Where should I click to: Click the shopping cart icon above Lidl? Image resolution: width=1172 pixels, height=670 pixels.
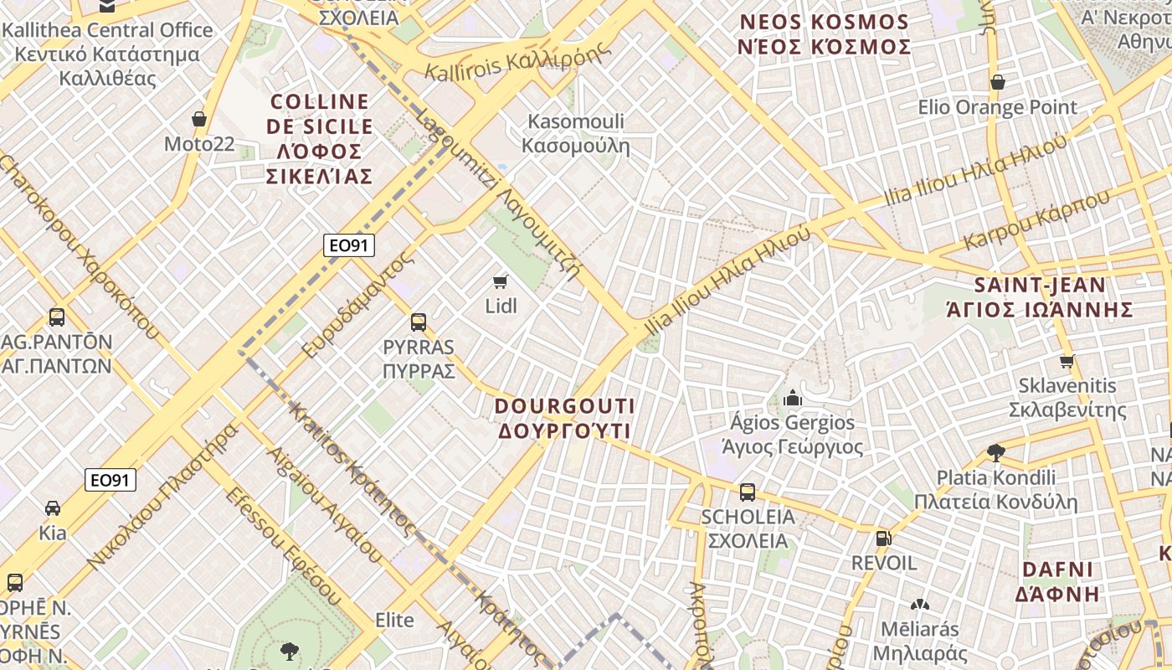coord(501,281)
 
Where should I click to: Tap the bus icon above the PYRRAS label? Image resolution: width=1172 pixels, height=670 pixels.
coord(419,322)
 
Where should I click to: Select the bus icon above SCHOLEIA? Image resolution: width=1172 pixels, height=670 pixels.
coord(748,492)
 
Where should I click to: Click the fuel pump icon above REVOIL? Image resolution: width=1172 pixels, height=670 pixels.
coord(883,538)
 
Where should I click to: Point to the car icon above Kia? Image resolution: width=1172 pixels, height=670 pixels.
coord(52,508)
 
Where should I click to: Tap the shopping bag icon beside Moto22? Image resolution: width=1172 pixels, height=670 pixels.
coord(199,119)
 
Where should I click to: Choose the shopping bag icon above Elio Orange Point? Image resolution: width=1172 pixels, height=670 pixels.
coord(997,82)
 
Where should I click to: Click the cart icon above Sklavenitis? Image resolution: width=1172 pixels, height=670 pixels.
coord(1067,362)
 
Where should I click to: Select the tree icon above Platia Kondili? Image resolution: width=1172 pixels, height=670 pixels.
coord(995,453)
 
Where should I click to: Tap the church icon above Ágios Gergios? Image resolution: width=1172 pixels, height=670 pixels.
coord(792,398)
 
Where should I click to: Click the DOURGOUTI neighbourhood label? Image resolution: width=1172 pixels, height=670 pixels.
coord(565,418)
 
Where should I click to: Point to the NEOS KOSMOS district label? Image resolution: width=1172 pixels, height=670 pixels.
coord(824,33)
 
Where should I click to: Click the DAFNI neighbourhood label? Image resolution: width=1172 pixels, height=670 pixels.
coord(1057,581)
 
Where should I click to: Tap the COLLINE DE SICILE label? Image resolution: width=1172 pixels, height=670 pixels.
coord(319,138)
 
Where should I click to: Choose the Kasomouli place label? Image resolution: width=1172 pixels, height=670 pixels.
coord(576,133)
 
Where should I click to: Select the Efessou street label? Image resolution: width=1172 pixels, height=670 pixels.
coord(281,544)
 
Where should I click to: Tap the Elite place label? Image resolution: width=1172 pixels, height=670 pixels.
coord(394,620)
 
